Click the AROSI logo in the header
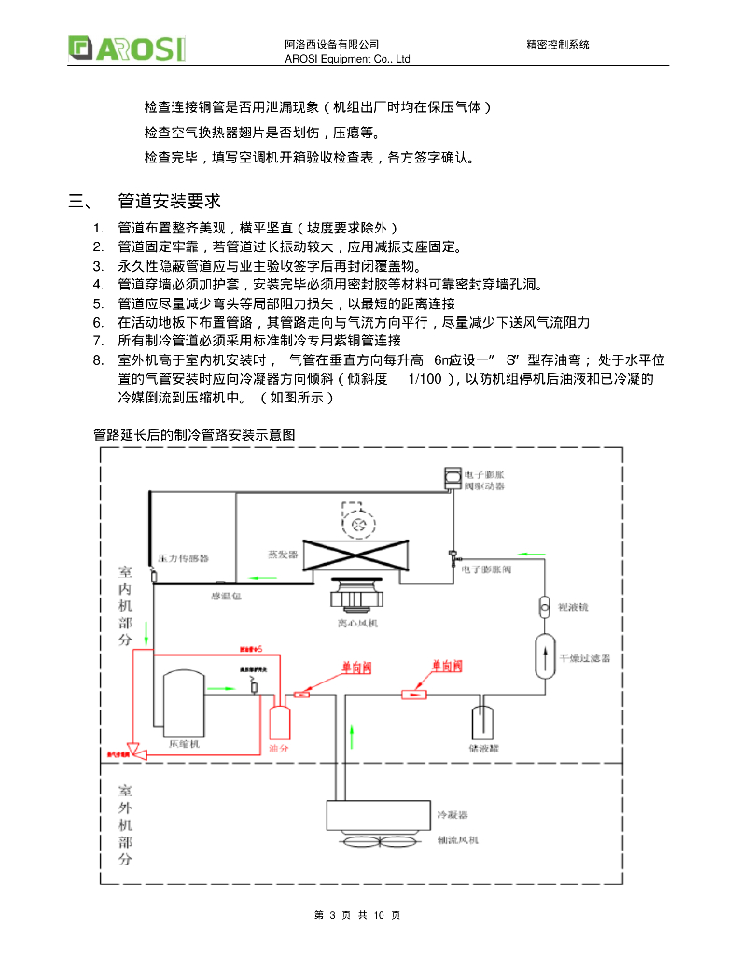click(126, 48)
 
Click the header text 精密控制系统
click(558, 45)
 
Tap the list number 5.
click(98, 303)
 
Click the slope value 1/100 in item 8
click(424, 379)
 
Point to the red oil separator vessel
click(279, 723)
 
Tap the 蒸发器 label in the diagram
click(282, 554)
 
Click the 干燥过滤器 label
click(583, 658)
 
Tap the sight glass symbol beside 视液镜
click(546, 606)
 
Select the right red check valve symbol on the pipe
click(413, 694)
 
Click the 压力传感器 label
click(183, 558)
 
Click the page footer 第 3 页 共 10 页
click(358, 915)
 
